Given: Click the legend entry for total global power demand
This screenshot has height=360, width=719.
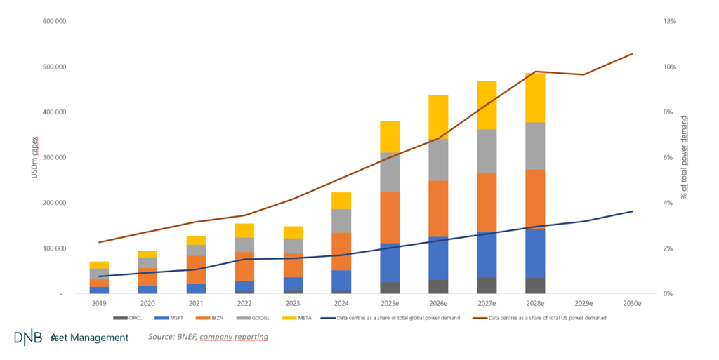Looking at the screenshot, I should (x=400, y=318).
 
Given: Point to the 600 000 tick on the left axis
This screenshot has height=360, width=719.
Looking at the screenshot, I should (x=54, y=22).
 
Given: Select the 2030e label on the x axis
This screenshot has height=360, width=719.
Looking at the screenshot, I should (x=632, y=304).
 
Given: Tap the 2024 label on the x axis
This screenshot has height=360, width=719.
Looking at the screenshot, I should (x=342, y=304).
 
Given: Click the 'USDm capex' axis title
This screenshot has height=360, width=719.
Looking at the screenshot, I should (x=34, y=157).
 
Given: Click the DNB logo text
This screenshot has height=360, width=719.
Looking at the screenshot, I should (x=29, y=338).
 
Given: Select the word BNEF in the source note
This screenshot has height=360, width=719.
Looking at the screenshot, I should (x=185, y=338).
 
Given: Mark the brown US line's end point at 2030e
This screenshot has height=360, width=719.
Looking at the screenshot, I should (x=632, y=54).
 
